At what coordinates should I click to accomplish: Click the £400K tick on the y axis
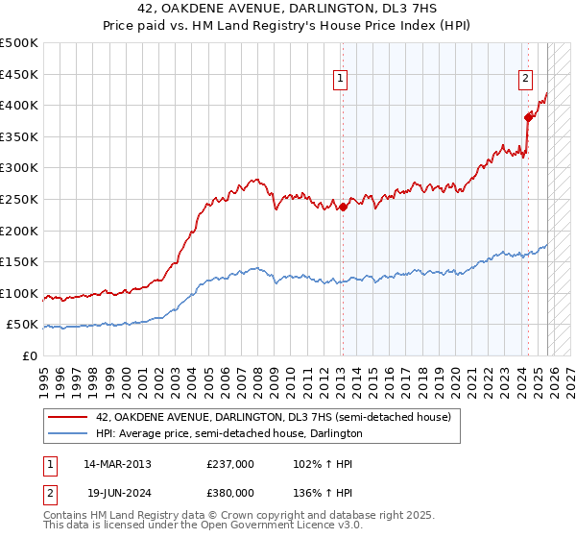pyautogui.click(x=19, y=106)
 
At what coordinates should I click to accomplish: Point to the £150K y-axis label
pyautogui.click(x=19, y=261)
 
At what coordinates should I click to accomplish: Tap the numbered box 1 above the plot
pyautogui.click(x=342, y=80)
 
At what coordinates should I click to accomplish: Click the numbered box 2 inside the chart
pyautogui.click(x=526, y=80)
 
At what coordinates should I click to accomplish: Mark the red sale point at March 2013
pyautogui.click(x=343, y=207)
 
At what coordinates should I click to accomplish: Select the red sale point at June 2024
pyautogui.click(x=528, y=117)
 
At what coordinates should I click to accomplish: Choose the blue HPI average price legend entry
pyautogui.click(x=228, y=433)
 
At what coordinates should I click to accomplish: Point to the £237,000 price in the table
pyautogui.click(x=230, y=463)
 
